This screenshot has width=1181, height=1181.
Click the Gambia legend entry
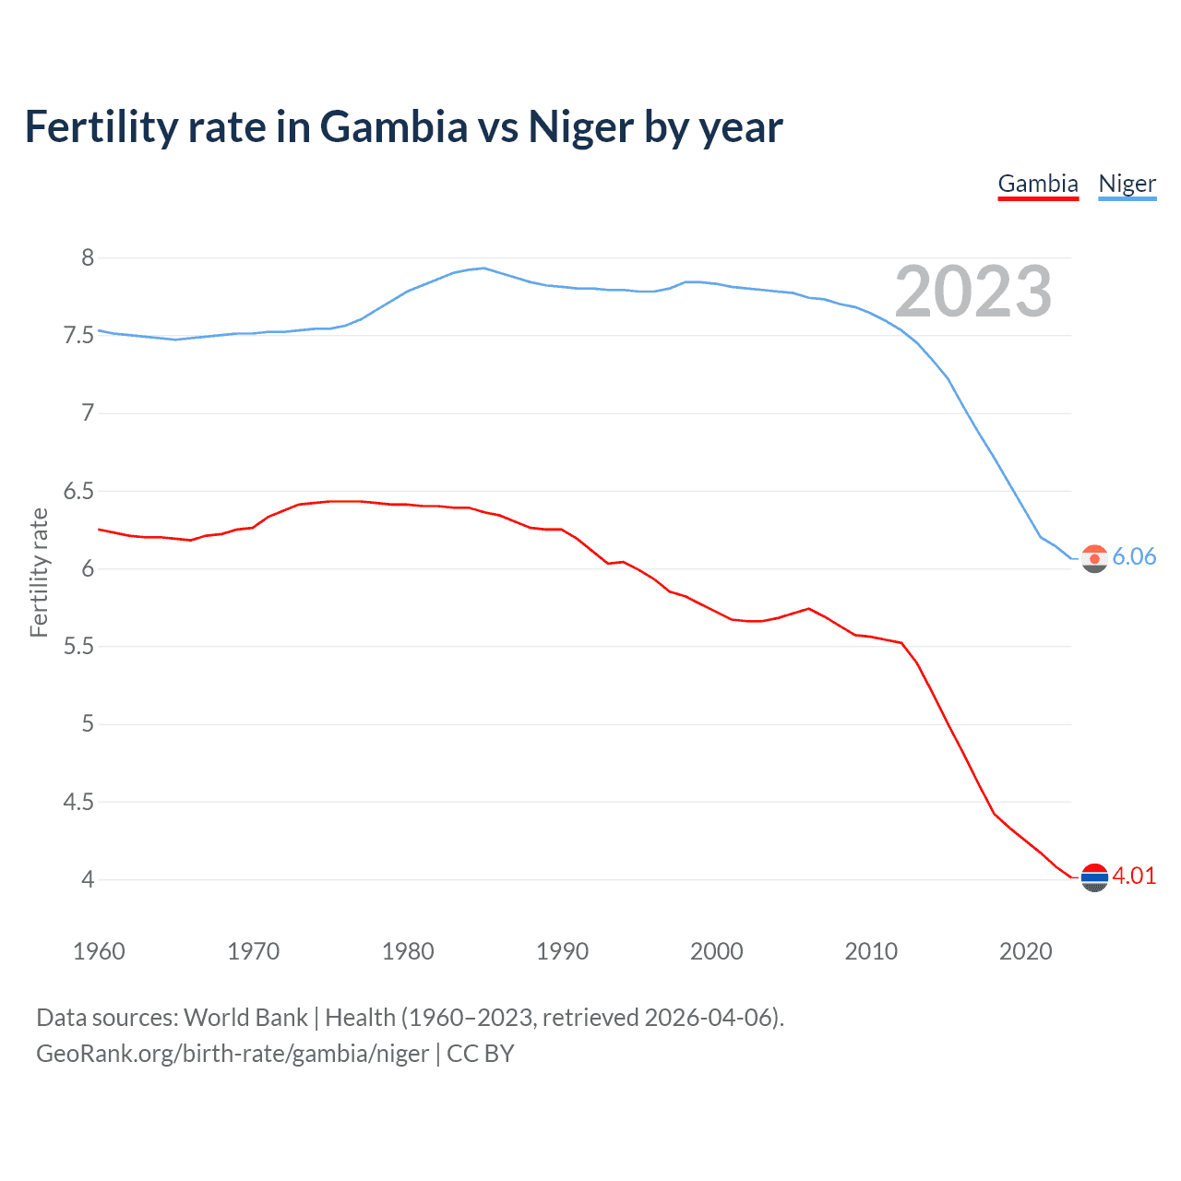1038,184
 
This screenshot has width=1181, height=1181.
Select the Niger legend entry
1127,184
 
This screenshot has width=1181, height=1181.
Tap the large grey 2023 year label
973,292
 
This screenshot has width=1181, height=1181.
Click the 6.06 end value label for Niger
1134,556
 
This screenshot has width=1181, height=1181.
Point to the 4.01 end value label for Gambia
1134,876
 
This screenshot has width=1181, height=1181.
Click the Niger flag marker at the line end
1094,558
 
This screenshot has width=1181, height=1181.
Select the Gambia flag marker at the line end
1094,877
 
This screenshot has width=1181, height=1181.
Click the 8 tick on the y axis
88,257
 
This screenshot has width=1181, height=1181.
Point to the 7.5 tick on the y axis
79,335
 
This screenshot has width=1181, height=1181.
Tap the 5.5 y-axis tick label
79,646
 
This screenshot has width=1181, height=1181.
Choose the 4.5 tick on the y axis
79,802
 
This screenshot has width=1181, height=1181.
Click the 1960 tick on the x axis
99,951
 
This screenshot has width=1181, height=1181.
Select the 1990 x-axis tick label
562,951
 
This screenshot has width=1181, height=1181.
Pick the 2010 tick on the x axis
871,951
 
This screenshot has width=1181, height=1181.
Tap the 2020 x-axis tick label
1025,951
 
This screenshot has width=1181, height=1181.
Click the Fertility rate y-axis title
39,572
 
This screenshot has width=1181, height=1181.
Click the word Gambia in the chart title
394,126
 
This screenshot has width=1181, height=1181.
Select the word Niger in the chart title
580,126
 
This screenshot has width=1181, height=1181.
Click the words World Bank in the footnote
245,1017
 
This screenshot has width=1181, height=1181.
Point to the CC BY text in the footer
480,1054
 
